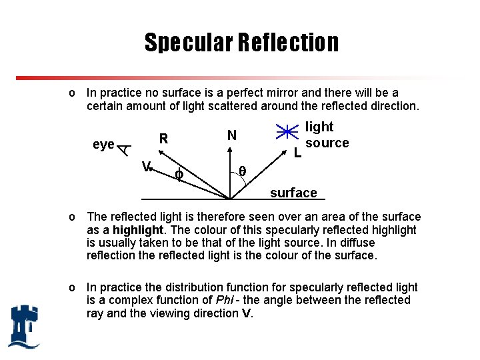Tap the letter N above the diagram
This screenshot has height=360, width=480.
coord(231,135)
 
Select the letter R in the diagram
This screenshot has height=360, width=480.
coord(163,139)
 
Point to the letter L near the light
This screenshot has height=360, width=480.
coord(298,153)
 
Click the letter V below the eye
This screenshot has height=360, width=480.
coord(147,166)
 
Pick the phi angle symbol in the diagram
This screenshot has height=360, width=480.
coord(178,175)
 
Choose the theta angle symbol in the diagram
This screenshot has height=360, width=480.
coord(243,171)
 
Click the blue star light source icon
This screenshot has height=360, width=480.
coord(287,133)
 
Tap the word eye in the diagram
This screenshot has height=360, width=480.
coord(103,145)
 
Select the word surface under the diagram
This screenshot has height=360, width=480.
coord(293,193)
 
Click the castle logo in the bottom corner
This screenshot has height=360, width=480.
coord(24,326)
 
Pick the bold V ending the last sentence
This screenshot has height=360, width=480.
coord(246,313)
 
